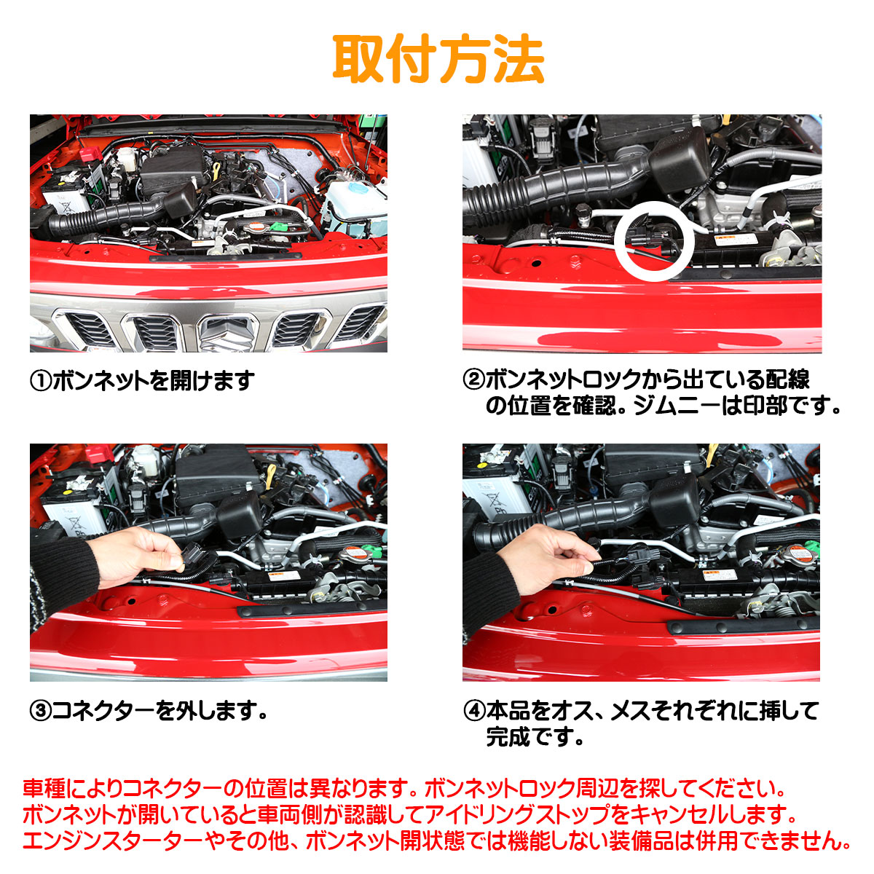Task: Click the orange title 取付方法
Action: tap(438, 59)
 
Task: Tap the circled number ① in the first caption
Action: tap(41, 380)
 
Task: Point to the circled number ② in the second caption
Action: tap(474, 379)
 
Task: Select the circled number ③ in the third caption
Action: tap(41, 711)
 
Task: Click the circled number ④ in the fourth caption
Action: tap(474, 710)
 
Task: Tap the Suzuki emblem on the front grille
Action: tap(227, 334)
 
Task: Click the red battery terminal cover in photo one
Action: tap(91, 154)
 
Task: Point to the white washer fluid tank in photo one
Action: tap(357, 205)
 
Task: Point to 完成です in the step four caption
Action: tap(535, 736)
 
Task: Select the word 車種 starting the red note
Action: tap(44, 788)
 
